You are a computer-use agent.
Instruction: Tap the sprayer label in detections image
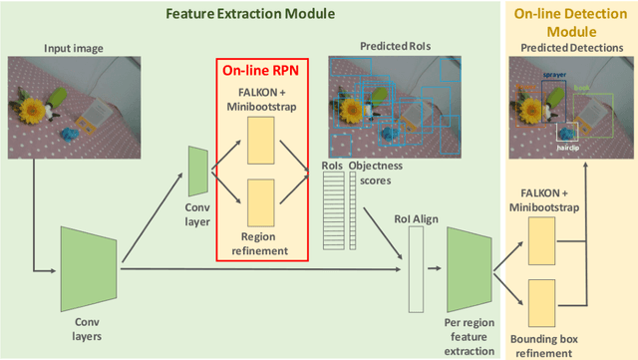click(555, 75)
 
